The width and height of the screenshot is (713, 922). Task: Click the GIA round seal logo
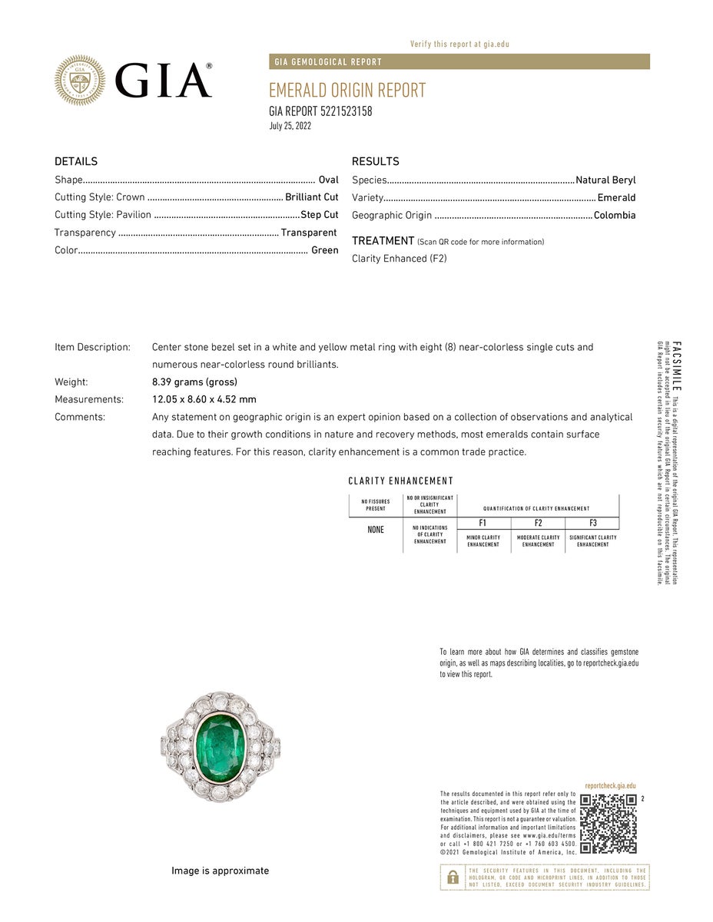pos(80,80)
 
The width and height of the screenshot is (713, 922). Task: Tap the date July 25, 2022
pos(290,127)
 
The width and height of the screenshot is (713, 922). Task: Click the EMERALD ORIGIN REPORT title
pos(347,91)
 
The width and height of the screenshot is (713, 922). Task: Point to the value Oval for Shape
pos(328,180)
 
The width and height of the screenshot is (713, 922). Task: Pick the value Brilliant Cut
pos(312,197)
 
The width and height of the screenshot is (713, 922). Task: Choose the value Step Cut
pos(320,215)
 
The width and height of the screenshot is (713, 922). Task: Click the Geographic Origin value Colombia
pos(615,216)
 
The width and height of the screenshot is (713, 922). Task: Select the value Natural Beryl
pos(605,180)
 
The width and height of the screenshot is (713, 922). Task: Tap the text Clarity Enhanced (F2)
pos(399,259)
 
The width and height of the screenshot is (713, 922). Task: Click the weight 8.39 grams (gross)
pos(194,382)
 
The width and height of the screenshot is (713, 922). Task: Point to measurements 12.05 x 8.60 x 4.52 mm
pos(204,399)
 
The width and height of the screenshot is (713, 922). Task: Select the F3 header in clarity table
pos(592,523)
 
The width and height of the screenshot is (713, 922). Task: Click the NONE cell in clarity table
pos(375,530)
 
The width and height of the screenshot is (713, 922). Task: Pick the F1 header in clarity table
pos(483,523)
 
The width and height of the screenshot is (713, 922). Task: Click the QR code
pos(608,824)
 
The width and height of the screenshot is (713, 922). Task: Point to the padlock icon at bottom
pos(453,877)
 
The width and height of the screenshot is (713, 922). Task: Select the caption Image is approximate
pos(220,871)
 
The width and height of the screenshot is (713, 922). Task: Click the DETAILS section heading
pos(76,161)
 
